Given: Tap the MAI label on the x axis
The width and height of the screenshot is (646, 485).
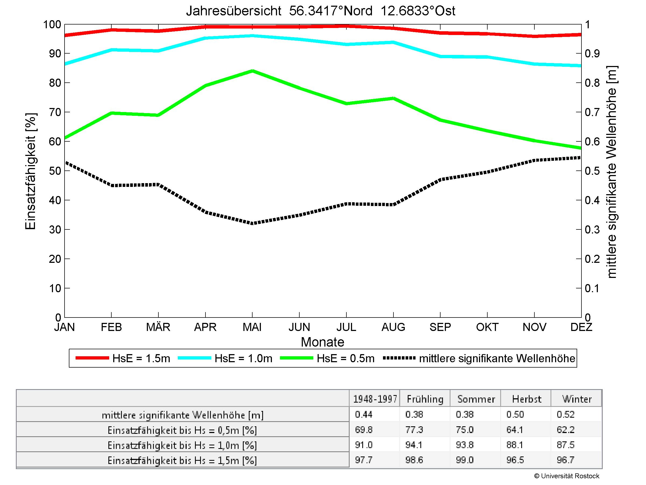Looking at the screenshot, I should (252, 327).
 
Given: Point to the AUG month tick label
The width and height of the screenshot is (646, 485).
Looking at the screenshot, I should (393, 327).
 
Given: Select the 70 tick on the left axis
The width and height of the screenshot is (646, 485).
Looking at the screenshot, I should (55, 112).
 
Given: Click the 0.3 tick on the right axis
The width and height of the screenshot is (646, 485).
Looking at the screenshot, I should (592, 230).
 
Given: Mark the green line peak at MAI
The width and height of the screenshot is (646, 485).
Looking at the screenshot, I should (252, 71).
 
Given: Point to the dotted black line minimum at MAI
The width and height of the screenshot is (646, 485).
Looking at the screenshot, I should (252, 223).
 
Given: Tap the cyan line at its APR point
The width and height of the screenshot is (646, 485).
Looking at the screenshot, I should (205, 38).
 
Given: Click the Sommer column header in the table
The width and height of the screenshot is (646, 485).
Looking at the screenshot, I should (476, 399).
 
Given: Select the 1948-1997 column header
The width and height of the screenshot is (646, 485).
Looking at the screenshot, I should (375, 399).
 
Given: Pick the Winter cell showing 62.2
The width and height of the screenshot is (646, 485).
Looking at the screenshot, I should (565, 430).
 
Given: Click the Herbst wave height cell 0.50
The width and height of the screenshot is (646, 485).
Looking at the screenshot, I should (515, 414).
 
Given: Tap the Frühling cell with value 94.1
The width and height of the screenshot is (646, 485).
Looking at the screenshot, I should (414, 445).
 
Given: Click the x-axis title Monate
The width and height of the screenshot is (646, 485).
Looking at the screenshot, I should (322, 342).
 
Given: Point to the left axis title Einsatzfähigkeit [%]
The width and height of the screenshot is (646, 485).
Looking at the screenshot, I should (30, 171).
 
